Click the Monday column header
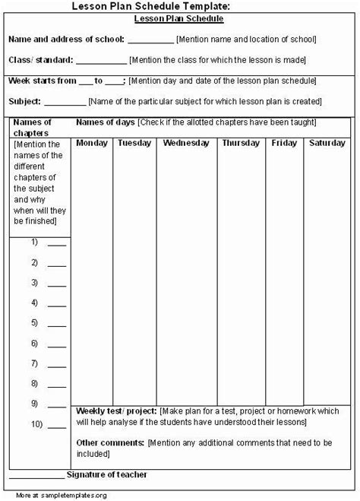click(x=93, y=142)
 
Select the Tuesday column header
click(x=134, y=142)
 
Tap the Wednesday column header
click(x=187, y=142)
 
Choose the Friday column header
click(x=284, y=142)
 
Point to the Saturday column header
click(x=327, y=142)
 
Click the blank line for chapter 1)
click(x=57, y=245)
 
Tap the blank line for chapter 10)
click(x=57, y=423)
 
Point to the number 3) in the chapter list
click(x=35, y=282)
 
